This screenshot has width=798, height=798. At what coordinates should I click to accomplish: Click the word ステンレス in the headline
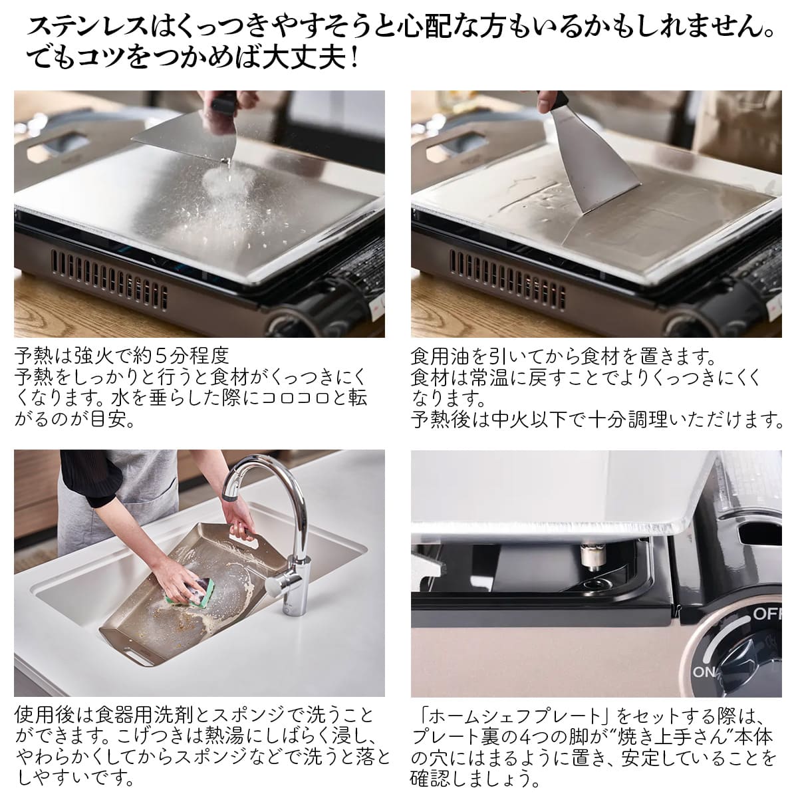(88, 27)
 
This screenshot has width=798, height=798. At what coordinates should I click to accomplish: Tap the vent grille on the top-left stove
(109, 279)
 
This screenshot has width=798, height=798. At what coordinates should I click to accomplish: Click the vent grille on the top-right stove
(507, 279)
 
